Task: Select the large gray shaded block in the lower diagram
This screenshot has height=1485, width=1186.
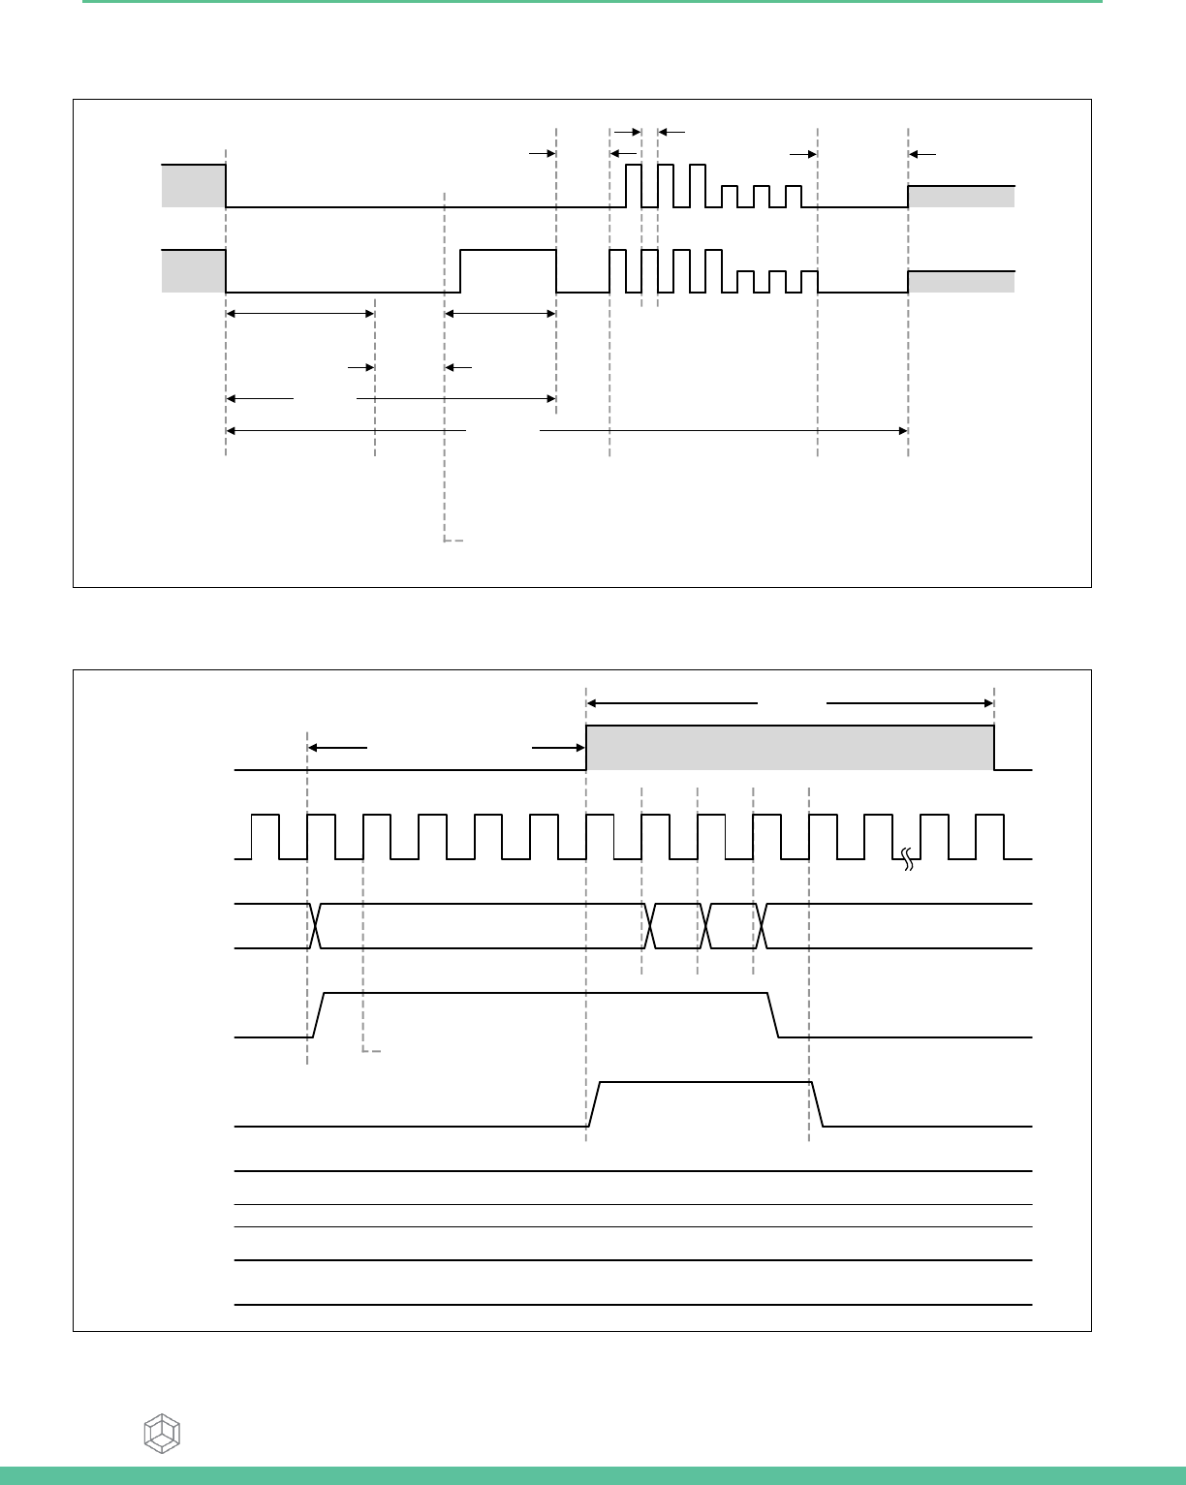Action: [790, 747]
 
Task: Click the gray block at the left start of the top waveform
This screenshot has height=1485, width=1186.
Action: [194, 186]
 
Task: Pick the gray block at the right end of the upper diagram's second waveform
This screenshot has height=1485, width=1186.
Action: [961, 281]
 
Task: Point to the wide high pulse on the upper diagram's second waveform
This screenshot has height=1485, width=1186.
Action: [508, 270]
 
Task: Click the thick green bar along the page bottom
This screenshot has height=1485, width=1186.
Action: [593, 1475]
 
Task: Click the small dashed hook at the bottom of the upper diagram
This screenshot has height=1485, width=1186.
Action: [453, 539]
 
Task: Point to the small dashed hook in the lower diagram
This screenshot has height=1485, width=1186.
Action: [370, 1049]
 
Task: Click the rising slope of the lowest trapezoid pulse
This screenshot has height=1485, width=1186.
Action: [595, 1104]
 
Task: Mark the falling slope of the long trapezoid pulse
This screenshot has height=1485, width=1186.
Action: [774, 1015]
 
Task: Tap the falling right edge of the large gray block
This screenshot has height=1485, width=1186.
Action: [994, 748]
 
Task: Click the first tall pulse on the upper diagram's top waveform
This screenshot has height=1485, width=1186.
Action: [633, 186]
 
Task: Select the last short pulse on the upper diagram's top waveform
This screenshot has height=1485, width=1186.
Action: [795, 196]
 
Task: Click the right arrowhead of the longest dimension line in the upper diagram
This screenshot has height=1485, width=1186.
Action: [902, 430]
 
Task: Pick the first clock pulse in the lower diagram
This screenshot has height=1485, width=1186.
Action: [265, 837]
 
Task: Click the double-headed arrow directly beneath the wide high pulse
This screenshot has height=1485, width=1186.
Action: [500, 313]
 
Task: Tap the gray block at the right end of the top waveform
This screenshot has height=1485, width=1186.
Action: [961, 196]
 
